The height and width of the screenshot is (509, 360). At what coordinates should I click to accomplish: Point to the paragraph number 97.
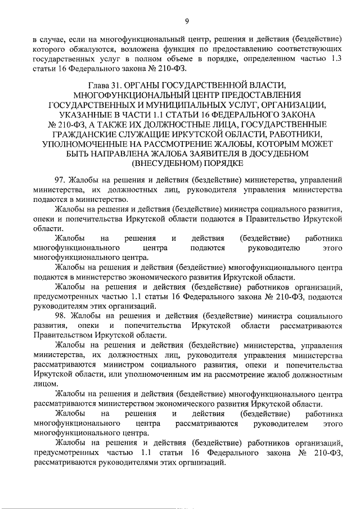[x=60, y=180]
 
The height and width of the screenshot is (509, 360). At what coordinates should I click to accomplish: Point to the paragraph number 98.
[x=60, y=316]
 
